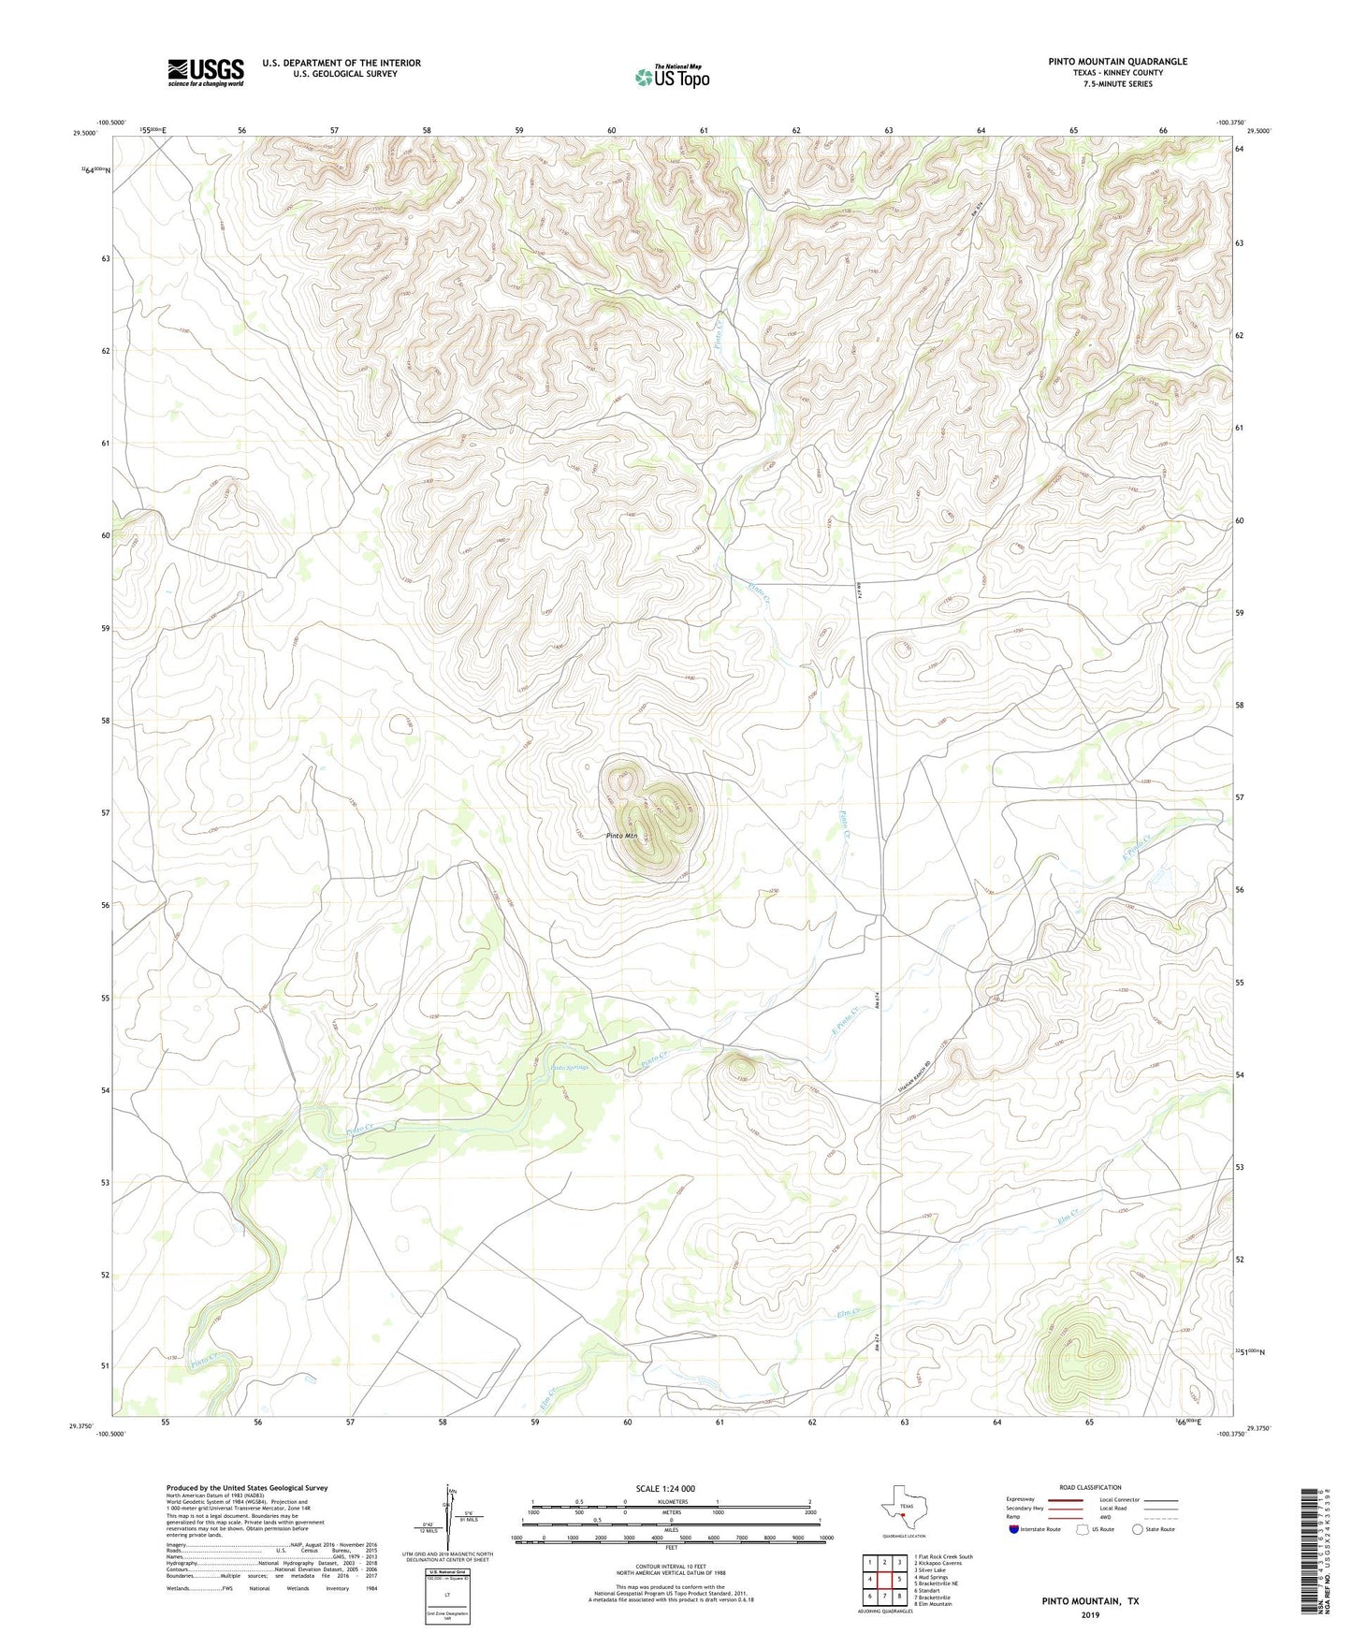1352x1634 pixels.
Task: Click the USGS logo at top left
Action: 206,72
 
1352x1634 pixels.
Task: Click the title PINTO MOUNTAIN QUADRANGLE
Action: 1117,62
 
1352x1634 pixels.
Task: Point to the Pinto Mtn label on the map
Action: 621,836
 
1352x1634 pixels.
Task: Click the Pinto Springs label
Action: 570,1068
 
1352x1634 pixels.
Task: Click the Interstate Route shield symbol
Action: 1015,1529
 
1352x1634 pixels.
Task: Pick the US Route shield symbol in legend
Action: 1083,1529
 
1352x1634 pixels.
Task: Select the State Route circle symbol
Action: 1137,1529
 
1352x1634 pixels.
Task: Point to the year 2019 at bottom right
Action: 1090,1614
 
